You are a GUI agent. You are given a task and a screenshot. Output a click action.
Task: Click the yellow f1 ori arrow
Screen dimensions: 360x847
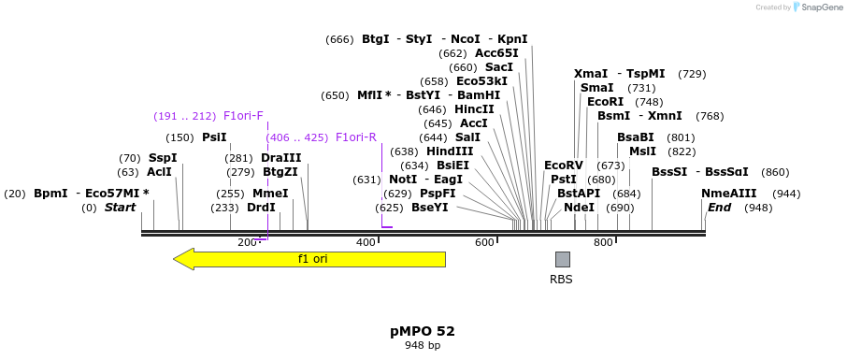tap(309, 259)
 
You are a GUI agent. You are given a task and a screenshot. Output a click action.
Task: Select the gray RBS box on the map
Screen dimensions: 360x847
tap(562, 259)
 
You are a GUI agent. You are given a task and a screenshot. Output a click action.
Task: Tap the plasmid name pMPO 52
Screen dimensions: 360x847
tap(423, 331)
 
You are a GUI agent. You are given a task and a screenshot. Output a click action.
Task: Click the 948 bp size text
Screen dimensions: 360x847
tap(423, 346)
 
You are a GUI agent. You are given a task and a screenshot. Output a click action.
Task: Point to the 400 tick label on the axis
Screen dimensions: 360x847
tap(366, 242)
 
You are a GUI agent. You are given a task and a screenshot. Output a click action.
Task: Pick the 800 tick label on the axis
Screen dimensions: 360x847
tap(603, 242)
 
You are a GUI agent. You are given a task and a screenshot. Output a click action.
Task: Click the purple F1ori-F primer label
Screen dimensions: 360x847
tap(243, 116)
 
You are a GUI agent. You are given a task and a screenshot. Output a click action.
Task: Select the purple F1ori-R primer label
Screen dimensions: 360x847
tap(355, 137)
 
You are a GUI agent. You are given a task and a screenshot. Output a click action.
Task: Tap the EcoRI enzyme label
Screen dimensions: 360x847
tap(605, 102)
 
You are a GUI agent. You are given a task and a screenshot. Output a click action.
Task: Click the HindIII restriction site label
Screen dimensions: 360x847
tap(450, 151)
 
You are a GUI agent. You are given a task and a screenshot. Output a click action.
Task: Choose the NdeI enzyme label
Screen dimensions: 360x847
tap(579, 208)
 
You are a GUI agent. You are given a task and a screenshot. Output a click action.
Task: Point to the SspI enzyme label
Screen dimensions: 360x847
tap(163, 158)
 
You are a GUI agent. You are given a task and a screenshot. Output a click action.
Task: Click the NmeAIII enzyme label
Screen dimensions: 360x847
tap(728, 194)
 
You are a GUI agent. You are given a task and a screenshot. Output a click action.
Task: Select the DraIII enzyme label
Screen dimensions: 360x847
tap(280, 158)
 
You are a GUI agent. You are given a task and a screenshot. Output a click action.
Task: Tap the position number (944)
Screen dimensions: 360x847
tap(786, 194)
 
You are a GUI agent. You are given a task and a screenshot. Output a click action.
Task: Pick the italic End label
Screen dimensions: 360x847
tap(719, 208)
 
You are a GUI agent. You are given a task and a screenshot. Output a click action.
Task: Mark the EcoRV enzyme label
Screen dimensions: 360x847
tap(563, 166)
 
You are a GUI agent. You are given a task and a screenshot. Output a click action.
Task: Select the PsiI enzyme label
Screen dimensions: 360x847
tap(214, 137)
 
